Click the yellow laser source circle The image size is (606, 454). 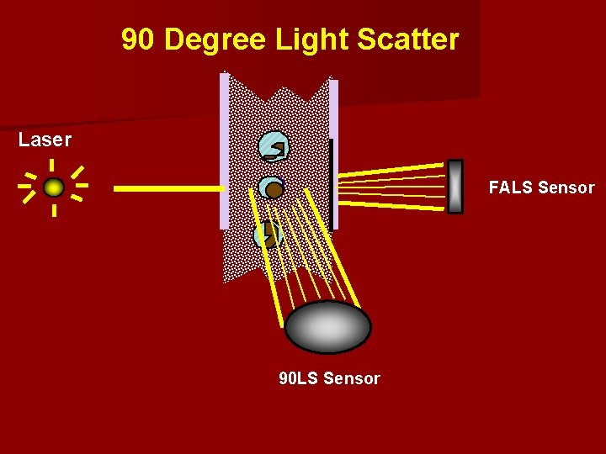pos(54,187)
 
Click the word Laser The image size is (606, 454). pos(45,140)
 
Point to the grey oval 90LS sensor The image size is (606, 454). pos(327,326)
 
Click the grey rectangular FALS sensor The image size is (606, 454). pos(454,187)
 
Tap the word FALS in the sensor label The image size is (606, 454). pos(511,187)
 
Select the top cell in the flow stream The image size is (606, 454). pos(274,147)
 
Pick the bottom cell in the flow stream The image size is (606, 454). pos(267,234)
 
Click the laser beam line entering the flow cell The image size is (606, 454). pos(168,189)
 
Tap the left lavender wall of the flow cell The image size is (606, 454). pos(224,151)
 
